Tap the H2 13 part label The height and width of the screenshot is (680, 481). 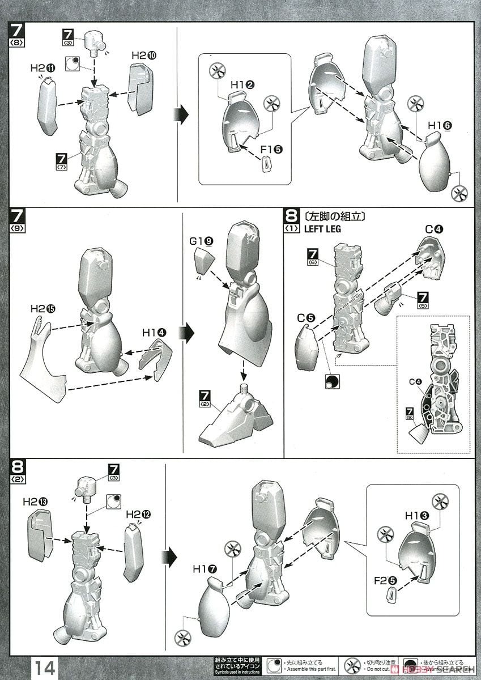pos(35,501)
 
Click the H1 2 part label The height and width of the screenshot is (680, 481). pos(242,85)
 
